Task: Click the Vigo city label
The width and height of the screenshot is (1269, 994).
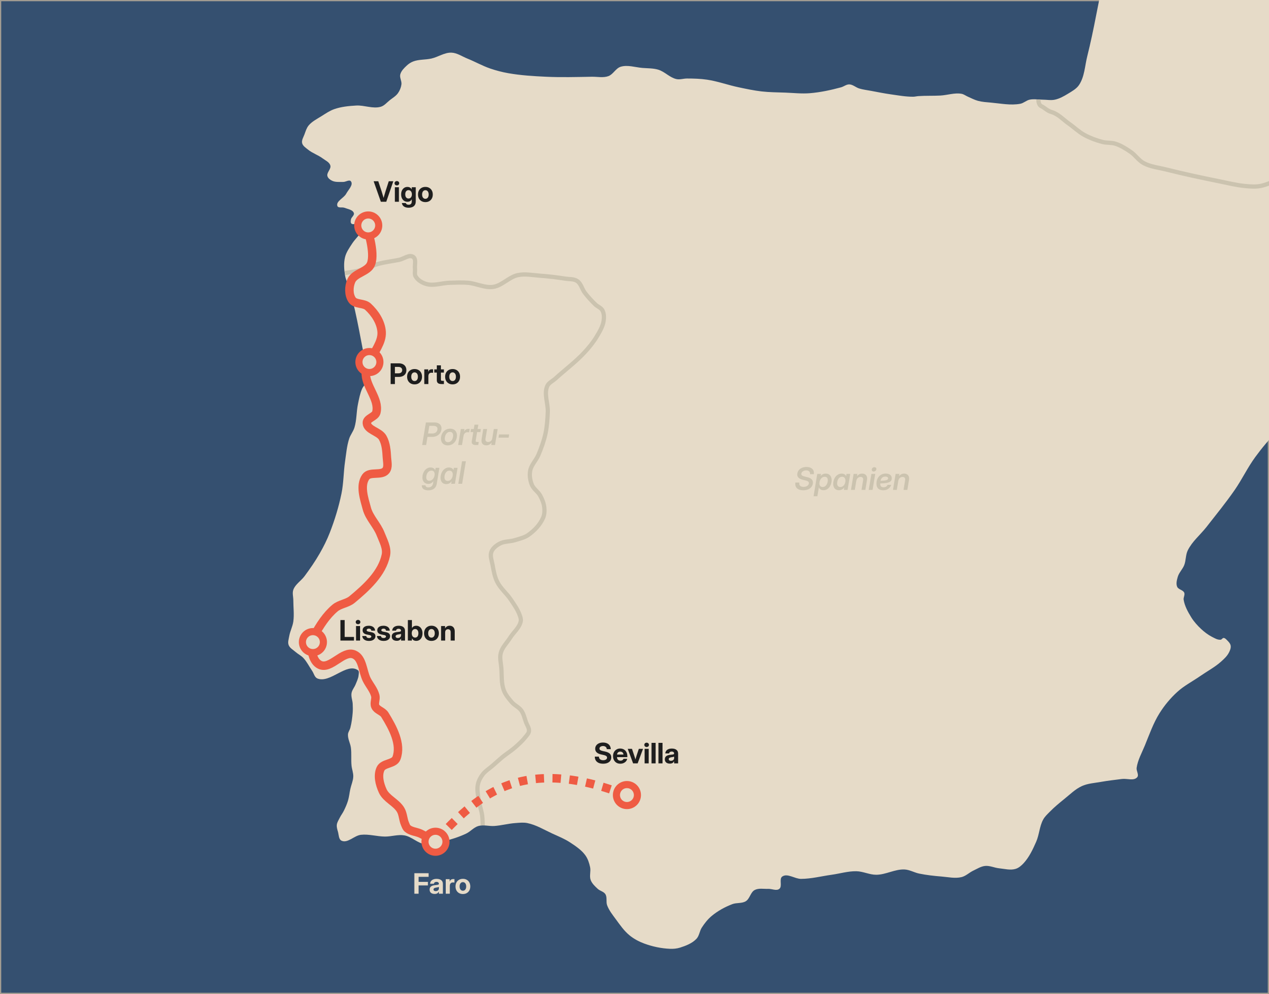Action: [403, 192]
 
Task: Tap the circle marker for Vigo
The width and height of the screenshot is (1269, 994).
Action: [369, 225]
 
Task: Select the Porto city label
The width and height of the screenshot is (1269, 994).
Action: [425, 375]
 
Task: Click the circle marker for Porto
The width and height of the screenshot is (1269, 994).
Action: [369, 362]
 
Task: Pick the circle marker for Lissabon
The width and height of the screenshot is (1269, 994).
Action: [313, 641]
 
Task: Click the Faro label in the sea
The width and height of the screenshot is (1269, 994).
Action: [442, 885]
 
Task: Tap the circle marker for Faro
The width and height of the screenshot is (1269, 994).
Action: [435, 842]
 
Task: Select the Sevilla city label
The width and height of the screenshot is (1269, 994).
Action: [636, 754]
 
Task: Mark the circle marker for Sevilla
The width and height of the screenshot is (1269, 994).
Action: [627, 795]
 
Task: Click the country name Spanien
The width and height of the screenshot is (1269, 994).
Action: [852, 480]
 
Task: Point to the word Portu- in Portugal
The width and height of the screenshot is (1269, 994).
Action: [465, 435]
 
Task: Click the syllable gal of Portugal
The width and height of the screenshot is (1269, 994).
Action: [444, 474]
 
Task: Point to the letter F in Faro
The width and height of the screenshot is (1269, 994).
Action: [420, 885]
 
